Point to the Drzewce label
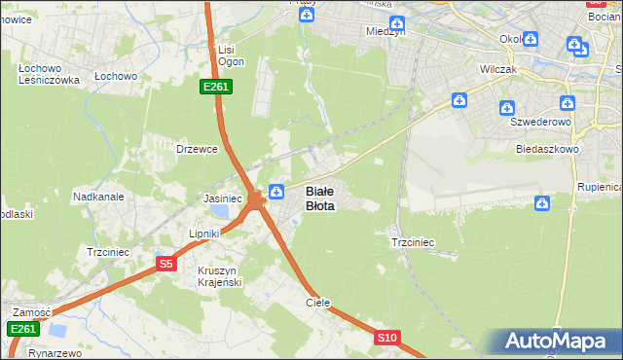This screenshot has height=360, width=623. (196, 149)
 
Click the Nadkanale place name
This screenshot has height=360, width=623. (98, 196)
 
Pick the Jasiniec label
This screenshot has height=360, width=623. (222, 198)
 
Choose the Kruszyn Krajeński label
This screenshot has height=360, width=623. (217, 275)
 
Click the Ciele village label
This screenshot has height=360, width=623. (318, 303)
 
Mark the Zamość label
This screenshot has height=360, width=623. (30, 312)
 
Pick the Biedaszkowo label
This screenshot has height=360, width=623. (548, 150)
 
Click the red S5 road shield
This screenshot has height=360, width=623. (166, 264)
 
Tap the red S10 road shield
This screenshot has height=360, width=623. (387, 338)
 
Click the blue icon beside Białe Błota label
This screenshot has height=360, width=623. (277, 192)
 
